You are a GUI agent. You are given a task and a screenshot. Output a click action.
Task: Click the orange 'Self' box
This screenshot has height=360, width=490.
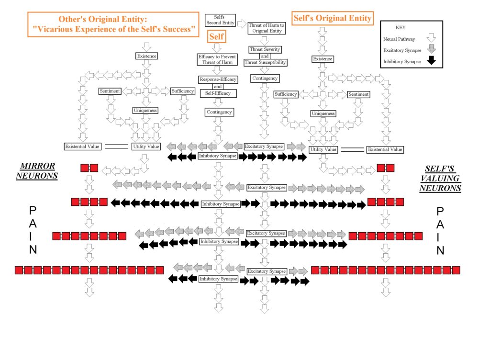[216, 36]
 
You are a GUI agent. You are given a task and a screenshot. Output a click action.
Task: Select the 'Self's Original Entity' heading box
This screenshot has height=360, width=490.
[332, 18]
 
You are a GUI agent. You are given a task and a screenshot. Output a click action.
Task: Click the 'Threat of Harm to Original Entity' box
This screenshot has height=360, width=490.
[266, 28]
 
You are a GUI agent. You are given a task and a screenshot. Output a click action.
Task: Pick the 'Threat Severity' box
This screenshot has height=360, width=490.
[265, 49]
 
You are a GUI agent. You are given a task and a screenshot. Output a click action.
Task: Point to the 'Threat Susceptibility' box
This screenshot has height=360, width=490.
[265, 62]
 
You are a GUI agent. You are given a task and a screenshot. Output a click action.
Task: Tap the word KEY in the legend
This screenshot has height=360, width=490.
[401, 28]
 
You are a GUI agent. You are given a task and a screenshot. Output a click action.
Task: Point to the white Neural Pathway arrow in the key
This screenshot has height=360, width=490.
[431, 38]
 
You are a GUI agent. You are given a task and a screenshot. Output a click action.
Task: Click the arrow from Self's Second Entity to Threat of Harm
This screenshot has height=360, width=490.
[242, 23]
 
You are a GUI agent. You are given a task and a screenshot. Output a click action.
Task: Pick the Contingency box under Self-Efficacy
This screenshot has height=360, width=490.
[219, 112]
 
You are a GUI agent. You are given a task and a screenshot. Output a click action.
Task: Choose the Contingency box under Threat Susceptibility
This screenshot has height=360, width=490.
[265, 78]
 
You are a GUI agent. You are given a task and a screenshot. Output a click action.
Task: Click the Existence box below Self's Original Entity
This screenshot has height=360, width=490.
[322, 59]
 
